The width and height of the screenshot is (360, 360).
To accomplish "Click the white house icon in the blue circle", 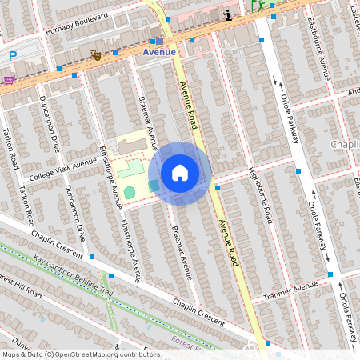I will pyautogui.click(x=180, y=173).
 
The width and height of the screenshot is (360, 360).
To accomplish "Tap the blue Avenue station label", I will pyautogui.click(x=158, y=52).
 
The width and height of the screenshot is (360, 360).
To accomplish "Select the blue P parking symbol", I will pyautogui.click(x=12, y=55).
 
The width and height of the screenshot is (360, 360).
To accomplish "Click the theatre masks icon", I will pyautogui.click(x=94, y=55).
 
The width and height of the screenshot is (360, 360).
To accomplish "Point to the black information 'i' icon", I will pyautogui.click(x=229, y=14).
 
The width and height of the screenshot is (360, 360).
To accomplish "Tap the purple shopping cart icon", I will pyautogui.click(x=9, y=79).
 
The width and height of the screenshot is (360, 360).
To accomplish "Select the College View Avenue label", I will pyautogui.click(x=62, y=170).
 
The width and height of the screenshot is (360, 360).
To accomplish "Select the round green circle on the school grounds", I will pyautogui.click(x=130, y=193).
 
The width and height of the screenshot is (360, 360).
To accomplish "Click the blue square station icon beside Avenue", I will pyautogui.click(x=159, y=41).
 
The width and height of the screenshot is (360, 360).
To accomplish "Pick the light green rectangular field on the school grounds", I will pyautogui.click(x=130, y=168).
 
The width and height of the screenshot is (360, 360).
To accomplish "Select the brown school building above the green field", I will pyautogui.click(x=130, y=146).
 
